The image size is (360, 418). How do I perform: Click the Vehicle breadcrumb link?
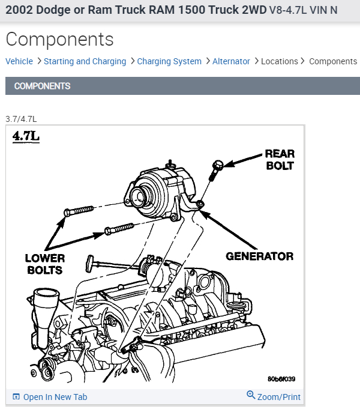(19, 61)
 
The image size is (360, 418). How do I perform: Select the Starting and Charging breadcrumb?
(85, 61)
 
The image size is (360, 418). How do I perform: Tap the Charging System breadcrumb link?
(169, 61)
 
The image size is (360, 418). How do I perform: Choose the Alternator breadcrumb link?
(231, 61)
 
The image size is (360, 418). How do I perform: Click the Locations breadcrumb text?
(279, 61)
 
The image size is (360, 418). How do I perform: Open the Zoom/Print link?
(278, 396)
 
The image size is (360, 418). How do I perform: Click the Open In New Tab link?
(55, 397)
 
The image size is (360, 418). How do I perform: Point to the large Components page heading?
(59, 39)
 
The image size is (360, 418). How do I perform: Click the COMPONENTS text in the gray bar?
(42, 86)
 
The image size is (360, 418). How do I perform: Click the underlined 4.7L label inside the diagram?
(26, 136)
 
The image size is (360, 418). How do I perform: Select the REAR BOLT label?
(280, 159)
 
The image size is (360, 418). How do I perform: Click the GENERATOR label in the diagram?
(259, 256)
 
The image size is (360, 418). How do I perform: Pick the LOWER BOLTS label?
(44, 264)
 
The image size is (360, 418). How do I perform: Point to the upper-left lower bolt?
(77, 211)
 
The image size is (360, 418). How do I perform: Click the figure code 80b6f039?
(281, 379)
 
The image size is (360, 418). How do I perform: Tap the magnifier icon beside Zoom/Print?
(251, 395)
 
